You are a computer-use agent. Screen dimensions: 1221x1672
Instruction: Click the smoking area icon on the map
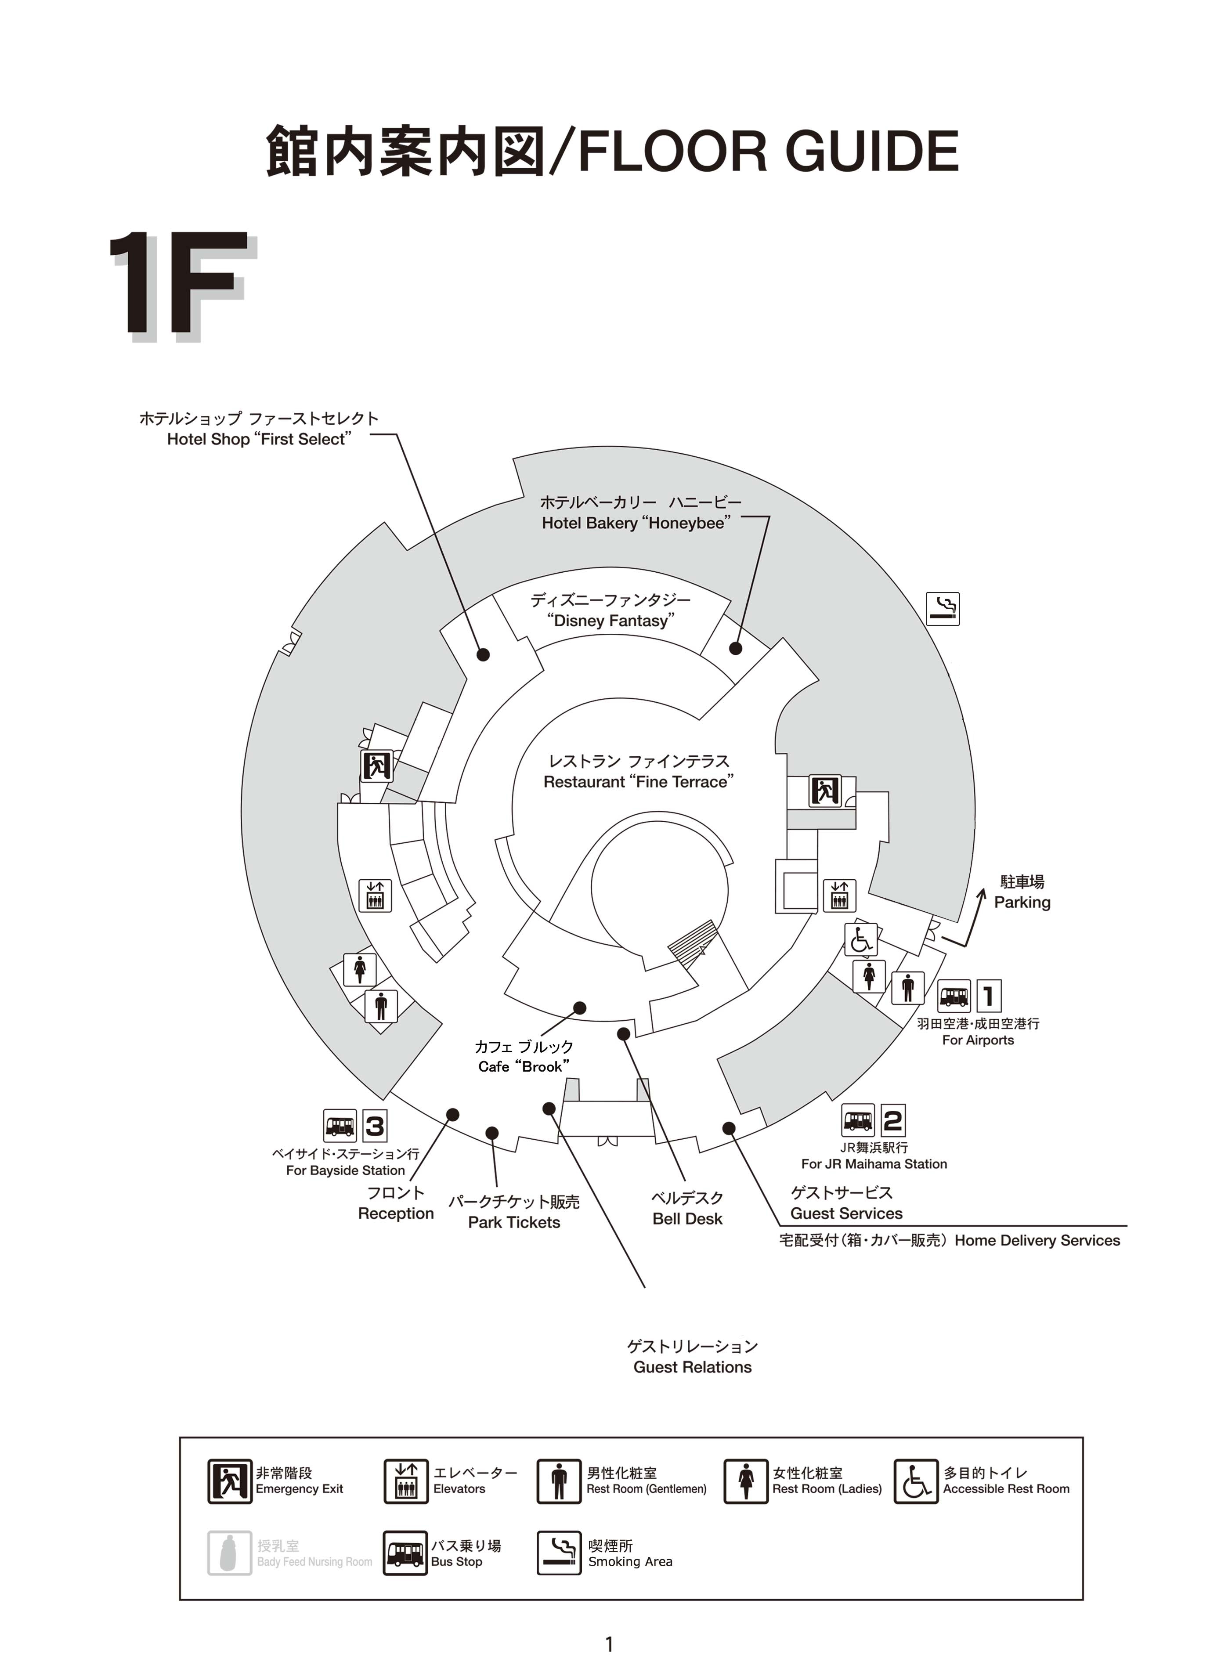pyautogui.click(x=943, y=609)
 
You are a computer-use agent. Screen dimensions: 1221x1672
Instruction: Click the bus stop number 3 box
pyautogui.click(x=375, y=1127)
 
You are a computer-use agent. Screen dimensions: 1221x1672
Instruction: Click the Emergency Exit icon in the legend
pyautogui.click(x=229, y=1481)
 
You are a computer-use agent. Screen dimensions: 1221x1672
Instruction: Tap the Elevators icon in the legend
pyautogui.click(x=406, y=1481)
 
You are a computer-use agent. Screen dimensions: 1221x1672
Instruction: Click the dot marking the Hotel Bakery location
pyautogui.click(x=735, y=648)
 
